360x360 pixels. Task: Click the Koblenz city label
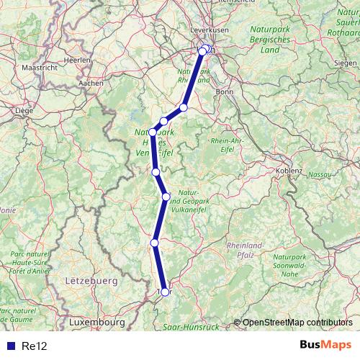tap(289, 171)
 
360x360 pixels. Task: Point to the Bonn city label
tap(225, 92)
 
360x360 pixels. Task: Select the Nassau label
tap(319, 174)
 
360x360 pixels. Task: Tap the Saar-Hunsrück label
tap(191, 326)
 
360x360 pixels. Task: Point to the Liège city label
tap(25, 112)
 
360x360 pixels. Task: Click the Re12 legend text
tap(34, 346)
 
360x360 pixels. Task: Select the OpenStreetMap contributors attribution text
tap(297, 323)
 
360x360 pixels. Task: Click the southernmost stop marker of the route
tap(165, 292)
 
